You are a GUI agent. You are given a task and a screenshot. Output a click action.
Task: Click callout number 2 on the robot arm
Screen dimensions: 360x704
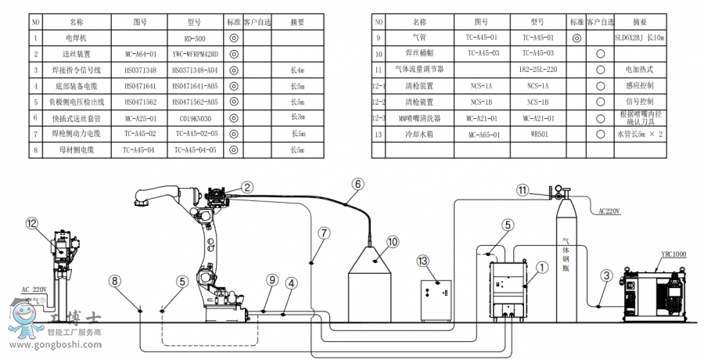247,187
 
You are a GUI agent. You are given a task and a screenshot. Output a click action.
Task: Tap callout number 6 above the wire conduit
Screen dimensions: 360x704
357,184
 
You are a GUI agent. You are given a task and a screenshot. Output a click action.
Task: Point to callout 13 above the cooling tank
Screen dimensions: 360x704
423,260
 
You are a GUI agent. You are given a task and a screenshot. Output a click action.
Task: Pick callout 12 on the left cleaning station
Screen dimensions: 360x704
31,223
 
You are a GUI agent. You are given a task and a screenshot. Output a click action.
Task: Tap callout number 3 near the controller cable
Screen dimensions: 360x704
606,275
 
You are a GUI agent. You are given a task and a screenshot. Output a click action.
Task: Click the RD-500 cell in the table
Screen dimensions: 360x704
196,37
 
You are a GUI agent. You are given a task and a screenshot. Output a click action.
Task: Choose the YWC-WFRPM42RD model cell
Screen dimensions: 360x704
196,53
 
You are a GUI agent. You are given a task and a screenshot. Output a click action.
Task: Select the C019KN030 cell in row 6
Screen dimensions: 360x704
196,117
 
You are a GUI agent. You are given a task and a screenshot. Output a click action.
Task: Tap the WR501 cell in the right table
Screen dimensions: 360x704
539,134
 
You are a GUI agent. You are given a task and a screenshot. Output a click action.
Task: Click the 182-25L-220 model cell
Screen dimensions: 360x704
539,69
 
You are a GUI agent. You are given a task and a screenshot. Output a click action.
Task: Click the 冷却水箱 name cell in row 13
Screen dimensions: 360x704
419,134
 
